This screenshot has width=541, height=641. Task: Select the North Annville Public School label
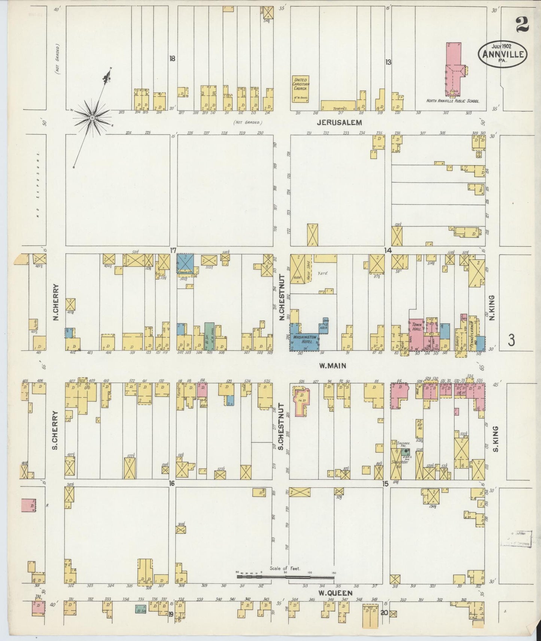pos(453,101)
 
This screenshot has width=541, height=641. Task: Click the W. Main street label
pos(332,366)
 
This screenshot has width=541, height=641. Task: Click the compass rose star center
pos(92,118)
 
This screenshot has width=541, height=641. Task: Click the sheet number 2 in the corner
pos(522,25)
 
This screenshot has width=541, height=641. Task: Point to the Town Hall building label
pos(417,326)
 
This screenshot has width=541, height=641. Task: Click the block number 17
pos(173,250)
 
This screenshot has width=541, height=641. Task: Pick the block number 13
pos(388,62)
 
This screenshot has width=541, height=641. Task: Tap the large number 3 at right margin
pos(512,340)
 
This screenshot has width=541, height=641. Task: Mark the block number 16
pos(172,484)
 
